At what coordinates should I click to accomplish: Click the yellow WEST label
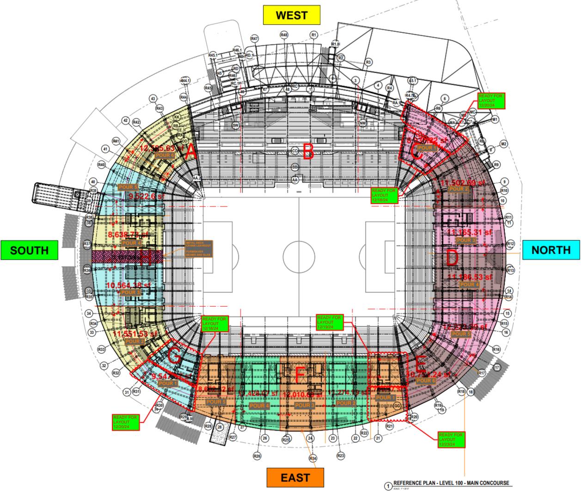pyautogui.click(x=291, y=15)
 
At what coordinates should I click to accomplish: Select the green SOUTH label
pyautogui.click(x=29, y=250)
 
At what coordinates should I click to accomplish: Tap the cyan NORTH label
pyautogui.click(x=551, y=250)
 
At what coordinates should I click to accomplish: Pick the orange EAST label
pyautogui.click(x=294, y=476)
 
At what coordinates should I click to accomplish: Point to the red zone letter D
pyautogui.click(x=452, y=258)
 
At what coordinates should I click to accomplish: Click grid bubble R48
pyautogui.click(x=284, y=35)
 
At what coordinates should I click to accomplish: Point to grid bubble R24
pyautogui.click(x=313, y=458)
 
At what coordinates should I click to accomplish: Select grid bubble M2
pyautogui.click(x=503, y=144)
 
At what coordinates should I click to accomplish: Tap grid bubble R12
pyautogui.click(x=510, y=243)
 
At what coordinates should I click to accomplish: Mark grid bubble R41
pyautogui.click(x=116, y=141)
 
